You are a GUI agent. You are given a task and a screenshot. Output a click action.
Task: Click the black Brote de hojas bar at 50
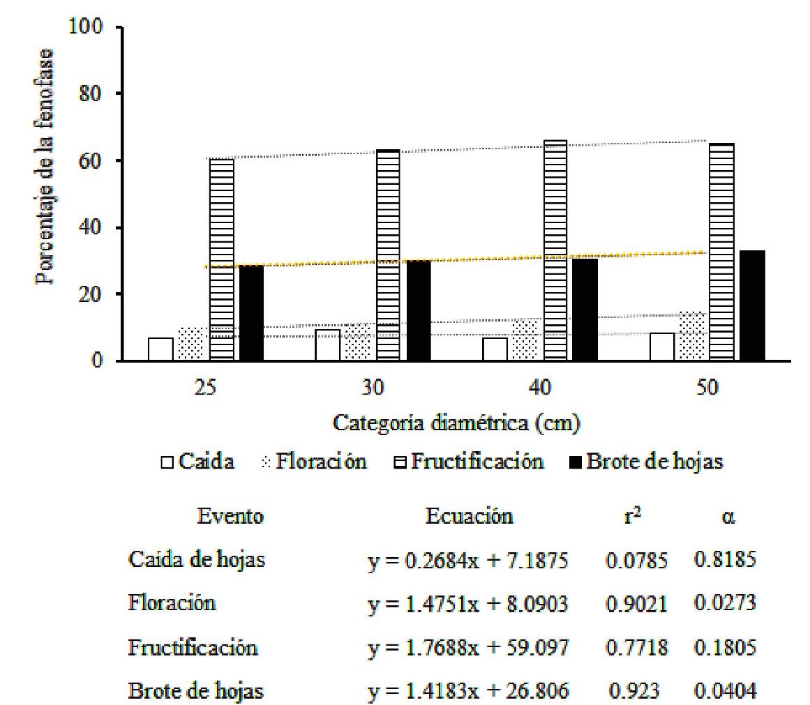[x=752, y=305]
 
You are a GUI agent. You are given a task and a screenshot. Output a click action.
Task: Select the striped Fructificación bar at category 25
[x=221, y=259]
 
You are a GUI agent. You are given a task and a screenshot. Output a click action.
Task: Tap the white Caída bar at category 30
[x=327, y=345]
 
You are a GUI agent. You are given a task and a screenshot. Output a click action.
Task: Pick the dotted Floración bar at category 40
[x=525, y=341]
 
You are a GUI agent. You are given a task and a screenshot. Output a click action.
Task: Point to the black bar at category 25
[x=251, y=313]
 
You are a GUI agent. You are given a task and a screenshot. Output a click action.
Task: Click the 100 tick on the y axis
[x=87, y=28]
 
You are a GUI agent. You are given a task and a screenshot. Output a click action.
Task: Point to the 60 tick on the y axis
[x=92, y=161]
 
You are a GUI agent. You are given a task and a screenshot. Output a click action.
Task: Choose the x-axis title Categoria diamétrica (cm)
[x=456, y=423]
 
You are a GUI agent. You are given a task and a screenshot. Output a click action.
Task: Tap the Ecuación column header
[x=470, y=517]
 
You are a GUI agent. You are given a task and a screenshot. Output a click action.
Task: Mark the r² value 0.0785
[x=636, y=561]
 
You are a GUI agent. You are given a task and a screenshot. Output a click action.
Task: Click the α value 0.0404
[x=725, y=691]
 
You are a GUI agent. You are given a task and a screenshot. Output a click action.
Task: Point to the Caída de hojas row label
[x=196, y=560]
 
